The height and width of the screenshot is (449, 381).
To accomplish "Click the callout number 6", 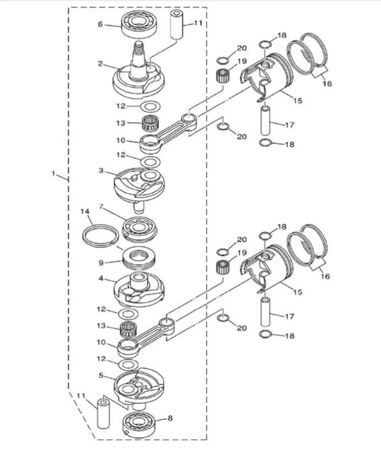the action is pos(100,25).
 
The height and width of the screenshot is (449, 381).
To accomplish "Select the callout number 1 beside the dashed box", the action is pos(53,173).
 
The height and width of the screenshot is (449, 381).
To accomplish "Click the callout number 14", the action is pos(85,211).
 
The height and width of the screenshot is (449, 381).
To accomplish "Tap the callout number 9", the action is pos(101,263).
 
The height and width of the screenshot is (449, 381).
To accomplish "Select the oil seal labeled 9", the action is pos(140,259).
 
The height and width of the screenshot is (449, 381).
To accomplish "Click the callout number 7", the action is pos(101,207).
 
